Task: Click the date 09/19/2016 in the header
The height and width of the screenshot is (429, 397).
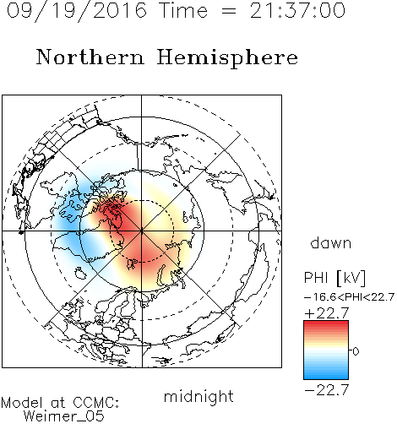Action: pos(76,10)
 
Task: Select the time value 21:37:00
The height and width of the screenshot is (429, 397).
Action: pos(297,10)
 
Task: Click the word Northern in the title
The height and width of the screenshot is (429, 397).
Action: pos(90,57)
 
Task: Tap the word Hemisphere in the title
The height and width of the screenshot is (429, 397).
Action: pos(227,58)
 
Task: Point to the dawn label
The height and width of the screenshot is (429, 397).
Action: pos(331,242)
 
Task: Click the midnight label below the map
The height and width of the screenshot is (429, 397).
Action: pos(198,397)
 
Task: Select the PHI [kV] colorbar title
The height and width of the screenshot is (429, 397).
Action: pos(334,278)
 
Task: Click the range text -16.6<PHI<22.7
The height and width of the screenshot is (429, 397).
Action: pos(349,297)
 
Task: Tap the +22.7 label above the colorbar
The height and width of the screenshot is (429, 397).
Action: pos(327,313)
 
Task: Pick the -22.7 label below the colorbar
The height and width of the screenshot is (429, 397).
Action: pos(327,390)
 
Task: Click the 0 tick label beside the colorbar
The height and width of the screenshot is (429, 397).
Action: pos(356,351)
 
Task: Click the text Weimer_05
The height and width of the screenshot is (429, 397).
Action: pos(64,416)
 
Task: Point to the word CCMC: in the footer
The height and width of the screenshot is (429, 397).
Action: pos(95,403)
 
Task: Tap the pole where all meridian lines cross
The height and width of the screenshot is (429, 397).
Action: pos(142,231)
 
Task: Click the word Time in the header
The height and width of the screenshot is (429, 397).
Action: pos(183,10)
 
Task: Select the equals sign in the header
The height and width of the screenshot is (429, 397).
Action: pos(229,12)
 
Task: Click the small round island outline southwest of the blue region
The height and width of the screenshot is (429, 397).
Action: pos(80,273)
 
